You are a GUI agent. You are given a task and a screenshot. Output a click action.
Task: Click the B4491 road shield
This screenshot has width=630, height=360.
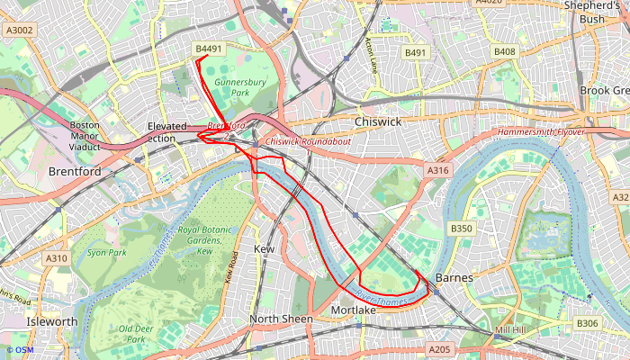tap(208, 49)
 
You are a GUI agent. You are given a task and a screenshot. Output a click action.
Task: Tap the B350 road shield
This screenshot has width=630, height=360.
tap(461, 229)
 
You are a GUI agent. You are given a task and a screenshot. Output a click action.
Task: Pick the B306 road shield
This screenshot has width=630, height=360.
tap(587, 323)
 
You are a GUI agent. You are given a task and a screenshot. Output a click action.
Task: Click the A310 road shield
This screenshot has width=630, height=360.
tap(56, 258)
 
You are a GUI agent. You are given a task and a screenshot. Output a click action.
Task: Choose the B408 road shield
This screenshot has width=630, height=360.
tap(505, 52)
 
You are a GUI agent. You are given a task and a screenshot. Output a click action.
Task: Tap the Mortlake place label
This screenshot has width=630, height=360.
tap(354, 310)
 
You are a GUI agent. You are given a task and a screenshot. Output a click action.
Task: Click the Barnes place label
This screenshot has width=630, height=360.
tap(454, 278)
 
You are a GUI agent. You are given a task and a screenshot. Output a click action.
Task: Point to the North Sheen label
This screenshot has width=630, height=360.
tap(282, 319)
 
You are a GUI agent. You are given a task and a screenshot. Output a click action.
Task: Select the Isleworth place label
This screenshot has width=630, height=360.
tap(51, 321)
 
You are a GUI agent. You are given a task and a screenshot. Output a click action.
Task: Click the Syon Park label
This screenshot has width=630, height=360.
tap(107, 253)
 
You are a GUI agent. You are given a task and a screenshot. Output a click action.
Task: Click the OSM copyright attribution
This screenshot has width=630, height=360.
tap(20, 350)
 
